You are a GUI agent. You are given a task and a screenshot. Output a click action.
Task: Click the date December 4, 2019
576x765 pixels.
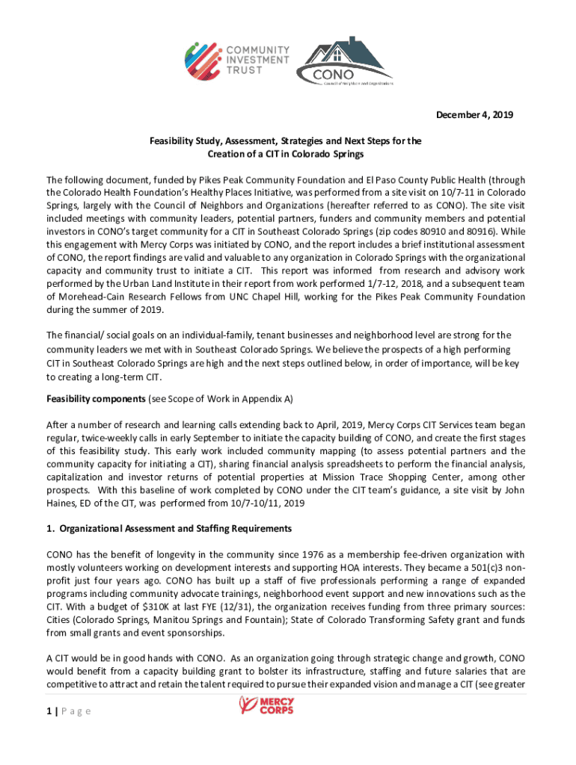[475, 115]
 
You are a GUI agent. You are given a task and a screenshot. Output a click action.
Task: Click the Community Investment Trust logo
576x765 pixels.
[227, 58]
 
